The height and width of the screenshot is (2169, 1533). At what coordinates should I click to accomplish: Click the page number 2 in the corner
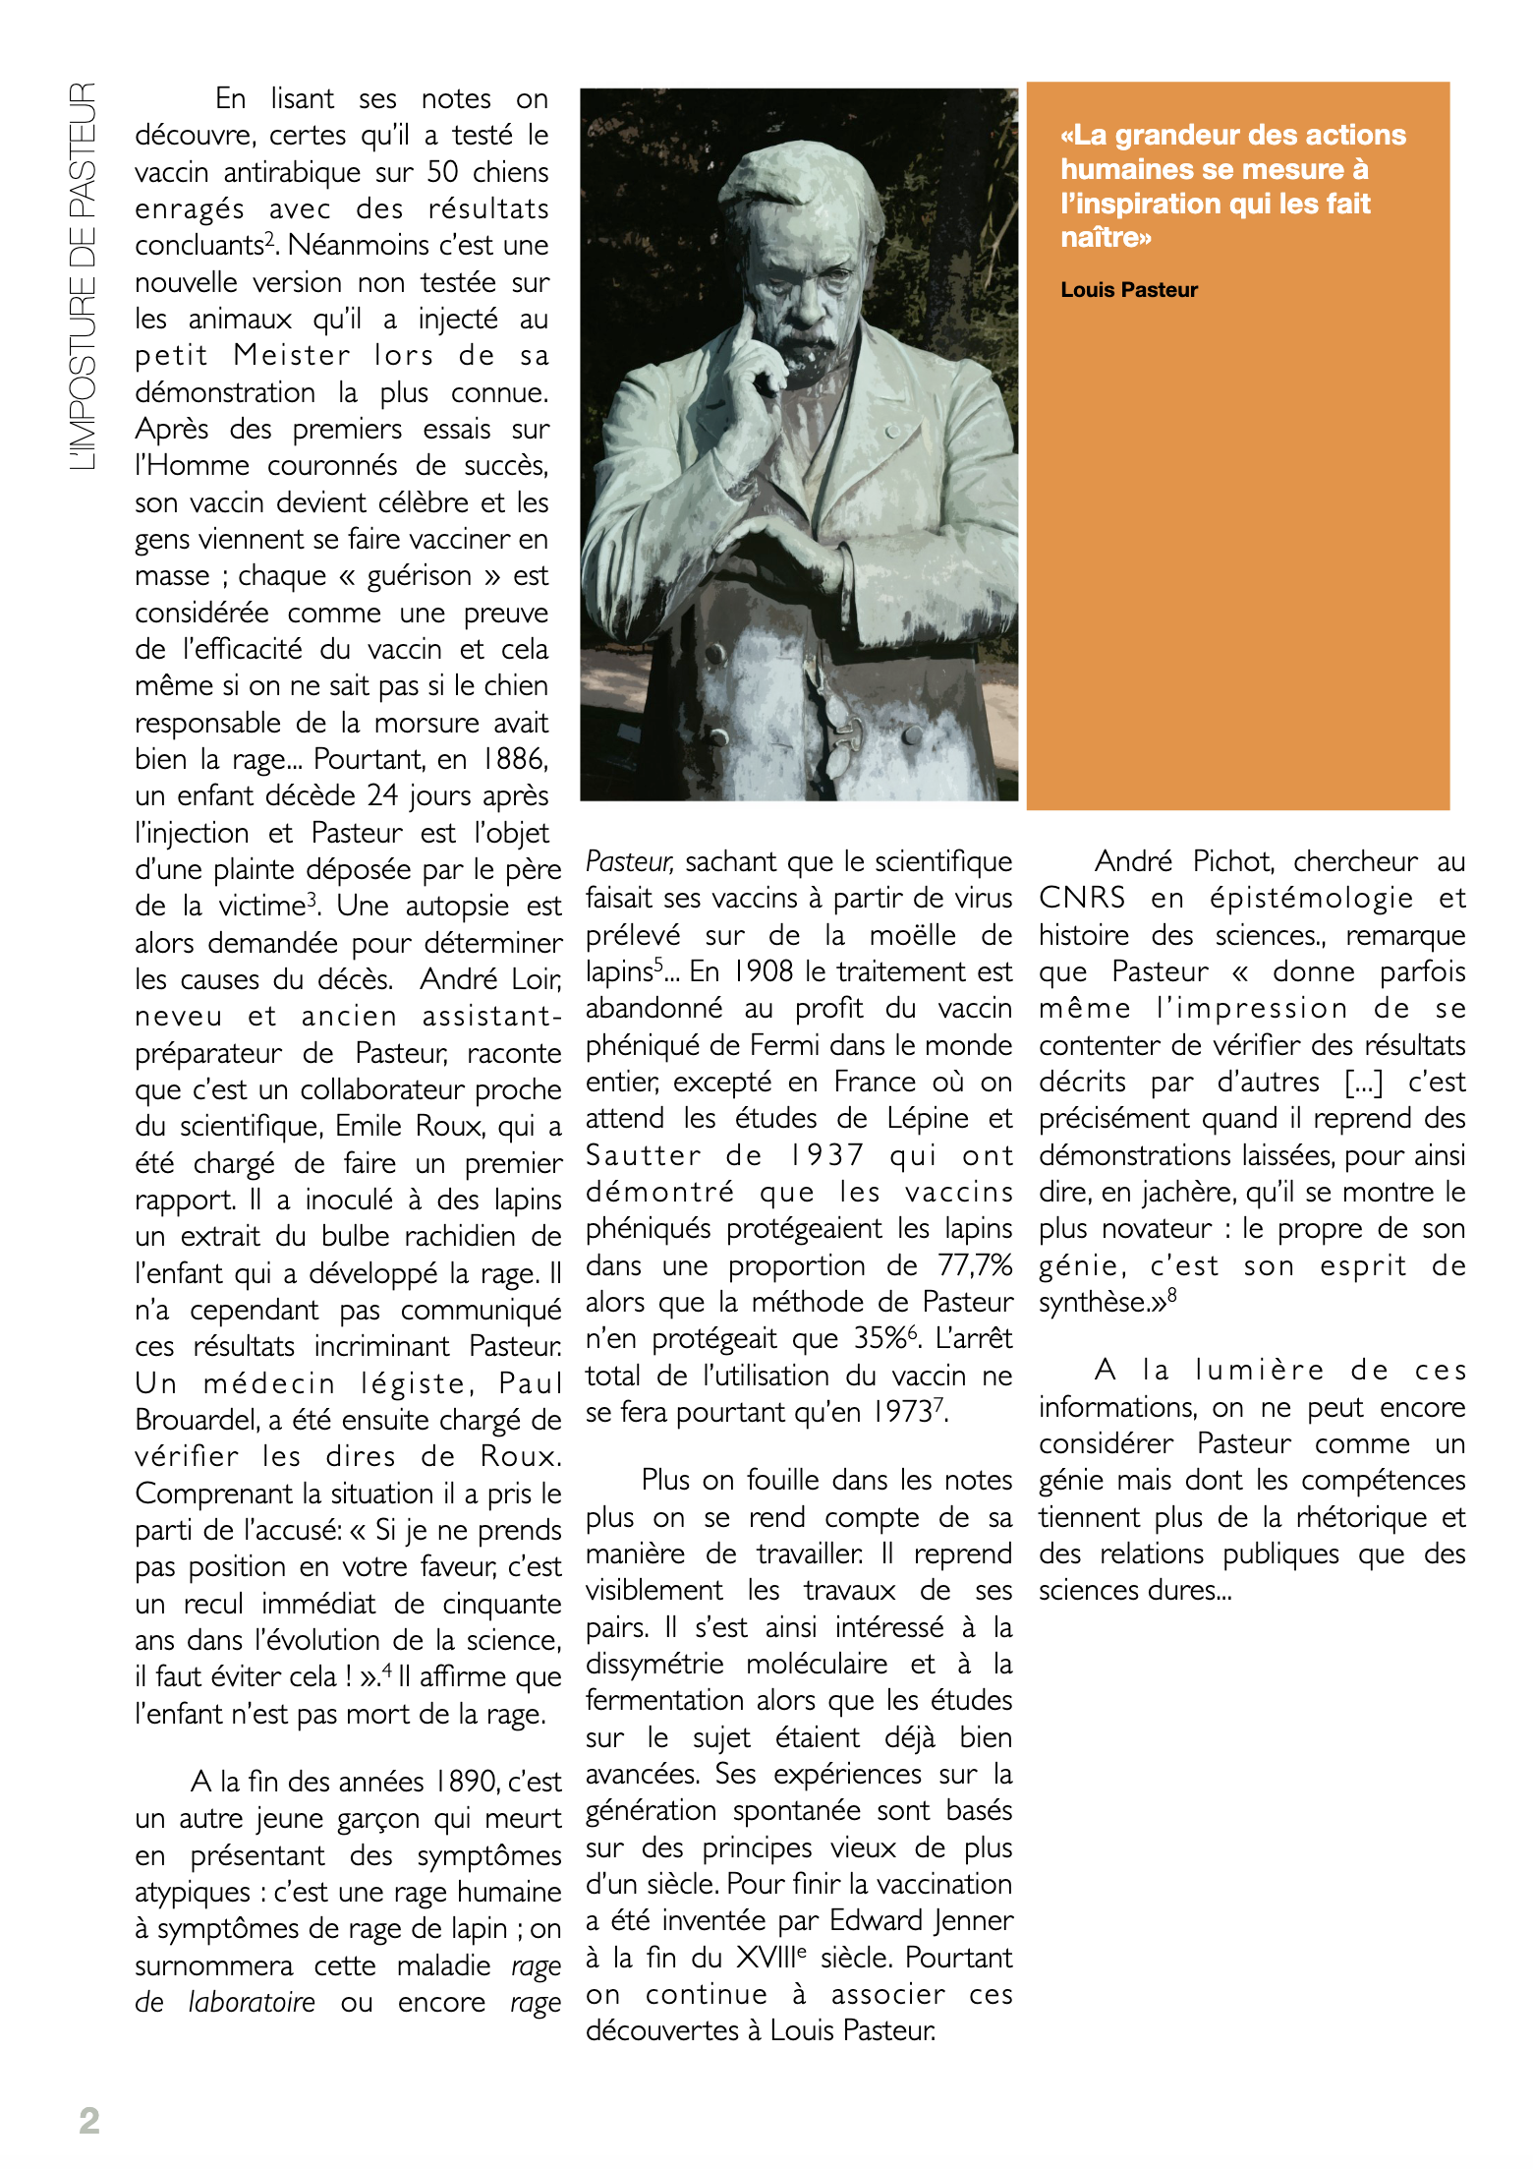[89, 2120]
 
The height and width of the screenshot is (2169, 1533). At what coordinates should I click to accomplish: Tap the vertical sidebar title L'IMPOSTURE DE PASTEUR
[84, 276]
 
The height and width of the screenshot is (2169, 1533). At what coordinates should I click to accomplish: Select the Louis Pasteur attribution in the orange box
[1129, 290]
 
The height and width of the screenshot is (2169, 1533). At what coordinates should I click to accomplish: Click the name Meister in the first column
[292, 356]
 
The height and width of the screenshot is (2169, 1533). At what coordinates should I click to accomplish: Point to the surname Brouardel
[198, 1421]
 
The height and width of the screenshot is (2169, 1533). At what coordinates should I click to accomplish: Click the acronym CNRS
[1082, 899]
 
